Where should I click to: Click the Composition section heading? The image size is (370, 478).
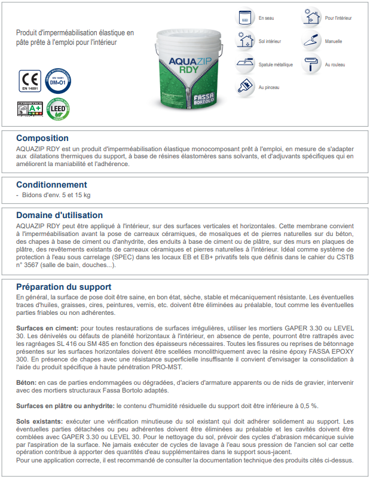(42, 138)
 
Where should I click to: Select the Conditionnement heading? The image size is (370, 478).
(51, 185)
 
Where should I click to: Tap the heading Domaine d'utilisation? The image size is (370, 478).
(60, 215)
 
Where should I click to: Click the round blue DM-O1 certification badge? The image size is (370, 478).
(57, 80)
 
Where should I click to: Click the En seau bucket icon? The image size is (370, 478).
(244, 19)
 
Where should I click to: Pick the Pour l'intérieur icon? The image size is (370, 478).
(311, 19)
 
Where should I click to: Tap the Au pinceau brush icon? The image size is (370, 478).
(244, 86)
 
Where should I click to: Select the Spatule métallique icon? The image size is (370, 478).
(244, 63)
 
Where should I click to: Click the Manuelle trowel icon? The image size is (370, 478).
(311, 41)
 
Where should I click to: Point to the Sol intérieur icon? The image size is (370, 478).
(244, 41)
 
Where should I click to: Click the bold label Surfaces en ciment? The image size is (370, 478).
(47, 328)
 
